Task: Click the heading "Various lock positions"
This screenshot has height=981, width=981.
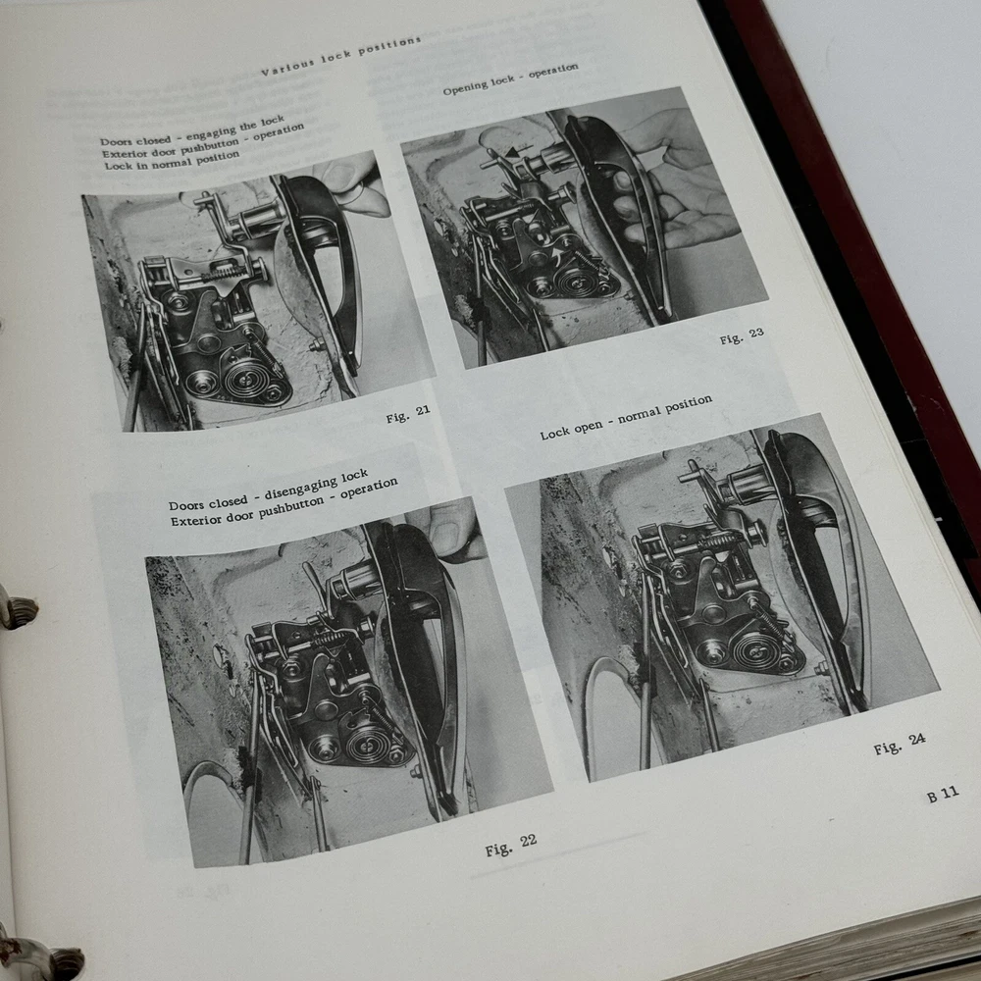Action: [341, 56]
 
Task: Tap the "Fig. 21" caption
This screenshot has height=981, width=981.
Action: [408, 414]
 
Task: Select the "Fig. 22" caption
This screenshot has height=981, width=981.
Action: [510, 845]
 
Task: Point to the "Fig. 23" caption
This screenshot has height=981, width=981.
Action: [742, 336]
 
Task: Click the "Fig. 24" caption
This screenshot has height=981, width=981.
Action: [900, 744]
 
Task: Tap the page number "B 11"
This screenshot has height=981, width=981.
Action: [943, 795]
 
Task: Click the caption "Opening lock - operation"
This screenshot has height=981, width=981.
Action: [510, 79]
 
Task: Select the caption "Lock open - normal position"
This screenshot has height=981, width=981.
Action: [626, 417]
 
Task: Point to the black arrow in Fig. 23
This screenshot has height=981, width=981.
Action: [516, 152]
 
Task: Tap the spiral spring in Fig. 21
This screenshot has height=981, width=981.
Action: [242, 378]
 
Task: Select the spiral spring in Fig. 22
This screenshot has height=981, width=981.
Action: [365, 744]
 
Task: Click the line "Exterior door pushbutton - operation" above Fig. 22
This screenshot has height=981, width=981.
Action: [284, 501]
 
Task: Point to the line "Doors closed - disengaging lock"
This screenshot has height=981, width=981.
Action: [269, 490]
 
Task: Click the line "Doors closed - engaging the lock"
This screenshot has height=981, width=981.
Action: [192, 130]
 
